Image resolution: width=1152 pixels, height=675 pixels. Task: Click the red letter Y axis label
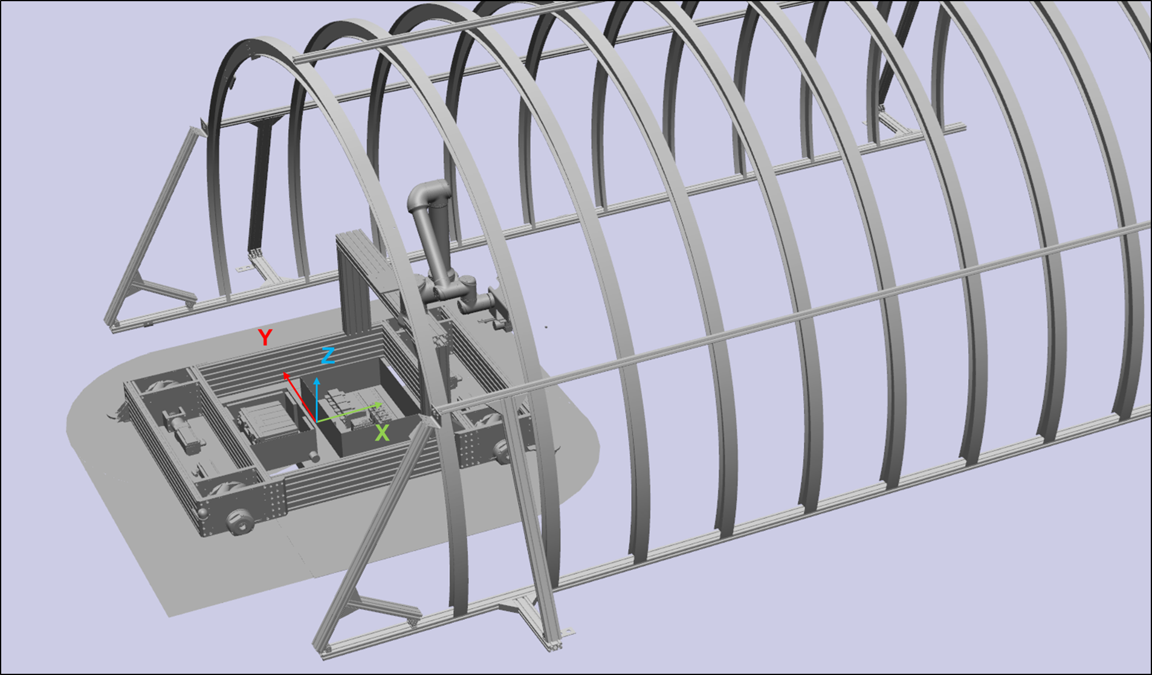click(x=265, y=337)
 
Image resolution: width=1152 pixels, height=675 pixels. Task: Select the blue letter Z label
click(x=328, y=355)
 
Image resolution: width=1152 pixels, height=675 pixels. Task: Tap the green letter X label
click(x=382, y=433)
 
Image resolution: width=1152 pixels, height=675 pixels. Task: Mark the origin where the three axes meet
click(x=317, y=421)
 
